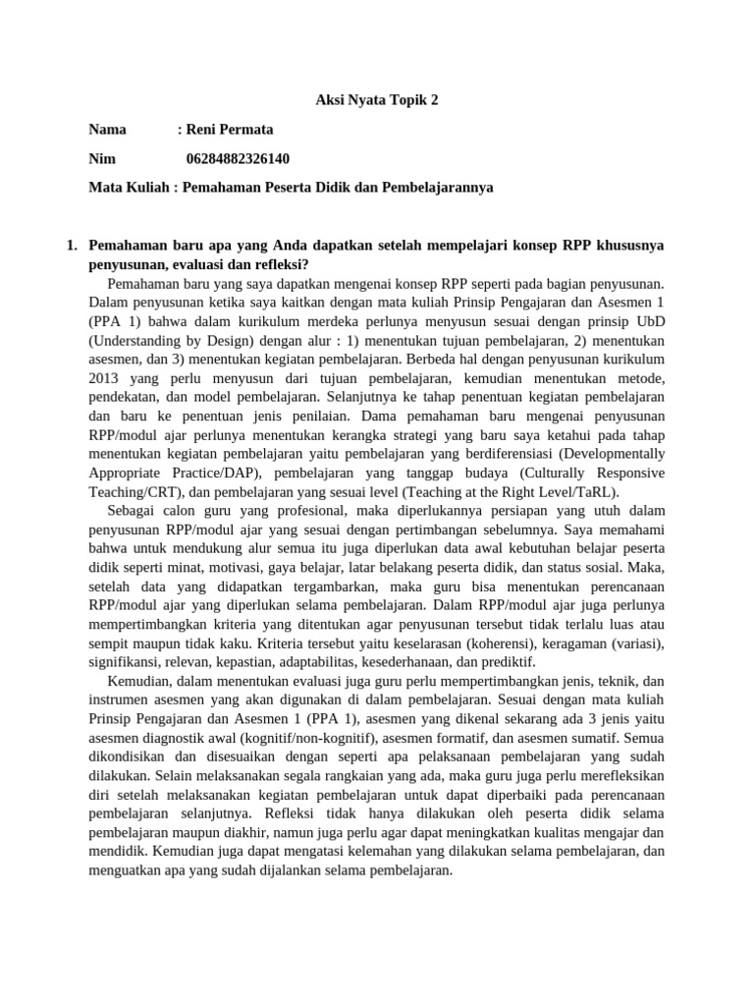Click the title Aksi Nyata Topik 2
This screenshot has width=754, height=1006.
coord(376,101)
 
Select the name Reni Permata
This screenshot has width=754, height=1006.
coord(230,130)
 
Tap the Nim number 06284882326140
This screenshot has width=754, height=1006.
coord(238,158)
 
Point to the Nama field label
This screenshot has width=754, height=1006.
coord(108,130)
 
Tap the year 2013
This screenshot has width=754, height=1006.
coord(103,378)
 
